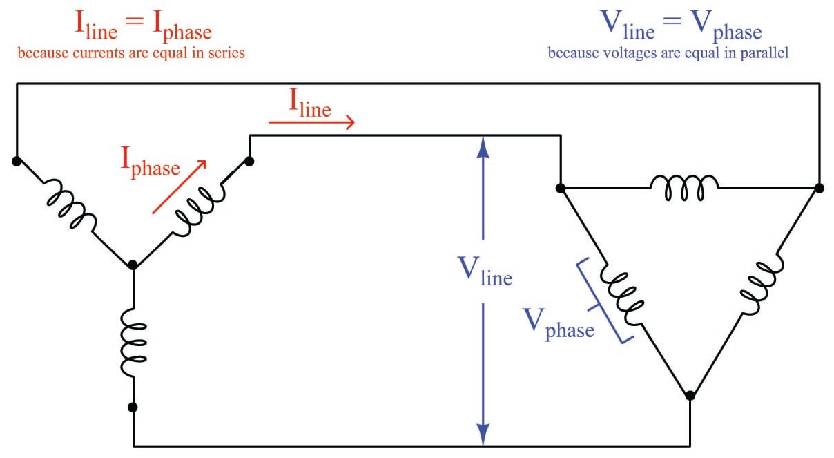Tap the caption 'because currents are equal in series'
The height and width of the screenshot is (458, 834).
click(x=131, y=53)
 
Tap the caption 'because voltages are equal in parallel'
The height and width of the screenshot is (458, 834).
click(x=668, y=53)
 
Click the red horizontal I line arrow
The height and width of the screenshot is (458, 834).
click(x=311, y=123)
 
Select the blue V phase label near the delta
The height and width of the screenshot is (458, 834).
click(x=559, y=324)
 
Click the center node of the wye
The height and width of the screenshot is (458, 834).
click(x=133, y=265)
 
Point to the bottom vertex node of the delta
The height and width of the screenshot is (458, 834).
click(x=690, y=396)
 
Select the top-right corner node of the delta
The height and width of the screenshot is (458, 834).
click(x=819, y=187)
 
